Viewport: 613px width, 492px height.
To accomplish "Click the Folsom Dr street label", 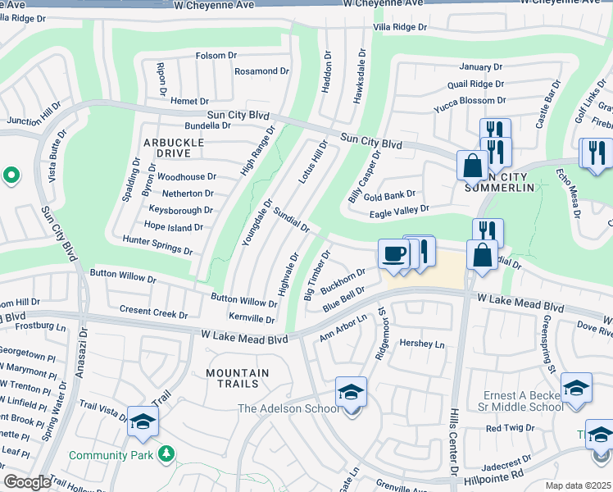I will click(x=216, y=56).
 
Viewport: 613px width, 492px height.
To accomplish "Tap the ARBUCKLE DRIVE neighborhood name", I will click(x=174, y=148).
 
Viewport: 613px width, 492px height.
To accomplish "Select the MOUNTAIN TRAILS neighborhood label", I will click(x=238, y=378).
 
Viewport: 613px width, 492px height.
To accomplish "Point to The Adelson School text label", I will click(x=287, y=408).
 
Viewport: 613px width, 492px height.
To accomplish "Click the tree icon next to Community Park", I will click(x=166, y=453).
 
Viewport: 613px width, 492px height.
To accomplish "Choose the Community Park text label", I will click(x=113, y=455).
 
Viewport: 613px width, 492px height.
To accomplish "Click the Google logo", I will click(x=26, y=482).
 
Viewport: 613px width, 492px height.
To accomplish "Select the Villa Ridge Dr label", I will click(x=400, y=27).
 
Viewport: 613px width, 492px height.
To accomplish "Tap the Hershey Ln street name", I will click(x=421, y=345).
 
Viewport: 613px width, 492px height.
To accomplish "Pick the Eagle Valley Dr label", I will click(x=399, y=210).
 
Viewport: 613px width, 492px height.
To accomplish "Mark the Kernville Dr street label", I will click(x=252, y=318).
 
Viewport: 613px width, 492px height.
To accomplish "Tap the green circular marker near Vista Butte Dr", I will click(x=11, y=175).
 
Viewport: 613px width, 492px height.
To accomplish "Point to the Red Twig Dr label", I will click(x=511, y=428).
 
